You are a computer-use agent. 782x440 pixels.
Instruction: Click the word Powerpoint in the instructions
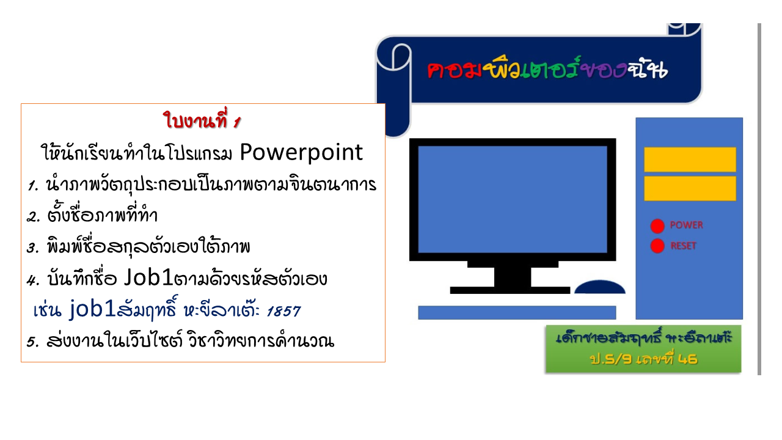pyautogui.click(x=301, y=153)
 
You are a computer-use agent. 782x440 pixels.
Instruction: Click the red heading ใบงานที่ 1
pyautogui.click(x=202, y=120)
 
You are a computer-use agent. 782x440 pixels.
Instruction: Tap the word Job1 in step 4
pyautogui.click(x=148, y=277)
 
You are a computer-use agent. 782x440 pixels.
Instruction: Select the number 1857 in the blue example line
pyautogui.click(x=283, y=311)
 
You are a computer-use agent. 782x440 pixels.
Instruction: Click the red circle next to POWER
pyautogui.click(x=657, y=226)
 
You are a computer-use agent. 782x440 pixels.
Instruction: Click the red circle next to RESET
pyautogui.click(x=657, y=246)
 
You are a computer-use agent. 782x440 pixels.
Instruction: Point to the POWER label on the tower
pyautogui.click(x=686, y=225)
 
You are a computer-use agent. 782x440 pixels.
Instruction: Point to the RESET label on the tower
pyautogui.click(x=683, y=246)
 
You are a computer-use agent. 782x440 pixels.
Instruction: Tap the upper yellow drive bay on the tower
pyautogui.click(x=690, y=159)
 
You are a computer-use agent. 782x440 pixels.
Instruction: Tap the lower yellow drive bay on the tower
pyautogui.click(x=690, y=189)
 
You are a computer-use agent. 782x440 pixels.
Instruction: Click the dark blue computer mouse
pyautogui.click(x=600, y=287)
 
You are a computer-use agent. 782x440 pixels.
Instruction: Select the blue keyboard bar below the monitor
pyautogui.click(x=517, y=312)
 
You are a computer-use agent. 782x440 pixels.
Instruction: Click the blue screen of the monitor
pyautogui.click(x=513, y=199)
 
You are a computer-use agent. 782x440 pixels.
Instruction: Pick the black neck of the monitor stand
pyautogui.click(x=513, y=277)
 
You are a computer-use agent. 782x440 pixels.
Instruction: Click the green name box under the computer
pyautogui.click(x=643, y=349)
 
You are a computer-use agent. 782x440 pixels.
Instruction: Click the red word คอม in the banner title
pyautogui.click(x=455, y=70)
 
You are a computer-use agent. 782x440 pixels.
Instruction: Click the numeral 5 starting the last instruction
pyautogui.click(x=32, y=342)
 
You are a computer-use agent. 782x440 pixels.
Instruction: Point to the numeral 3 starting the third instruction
pyautogui.click(x=32, y=248)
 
